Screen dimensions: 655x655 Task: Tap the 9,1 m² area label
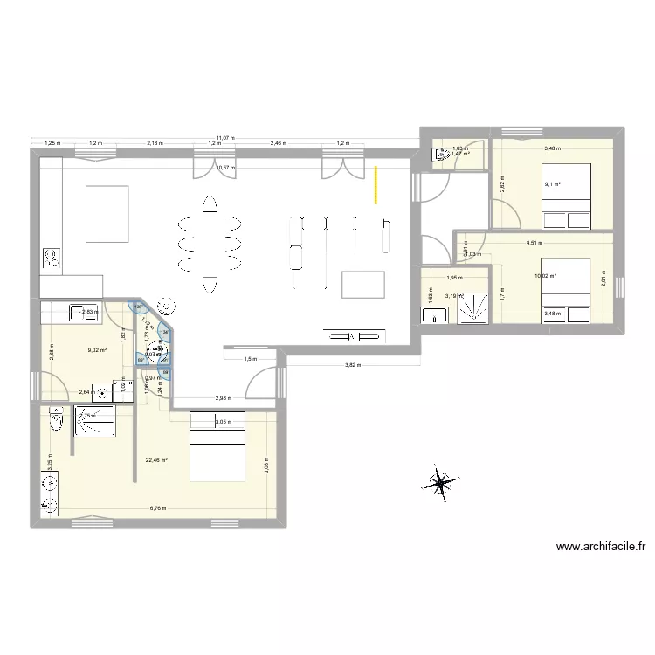click(553, 184)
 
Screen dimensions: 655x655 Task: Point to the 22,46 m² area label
click(156, 460)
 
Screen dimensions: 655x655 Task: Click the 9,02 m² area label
click(96, 351)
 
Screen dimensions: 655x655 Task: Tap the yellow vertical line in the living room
click(376, 184)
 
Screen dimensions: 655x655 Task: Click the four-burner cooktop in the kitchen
click(52, 259)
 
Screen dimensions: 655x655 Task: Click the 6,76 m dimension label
click(157, 508)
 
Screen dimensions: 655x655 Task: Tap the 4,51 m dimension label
click(533, 244)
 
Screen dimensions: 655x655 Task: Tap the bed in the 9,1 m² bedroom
click(568, 196)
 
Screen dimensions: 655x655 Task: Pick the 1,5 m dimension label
click(251, 359)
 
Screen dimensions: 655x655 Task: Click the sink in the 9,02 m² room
click(85, 309)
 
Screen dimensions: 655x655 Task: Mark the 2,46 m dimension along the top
click(277, 142)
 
